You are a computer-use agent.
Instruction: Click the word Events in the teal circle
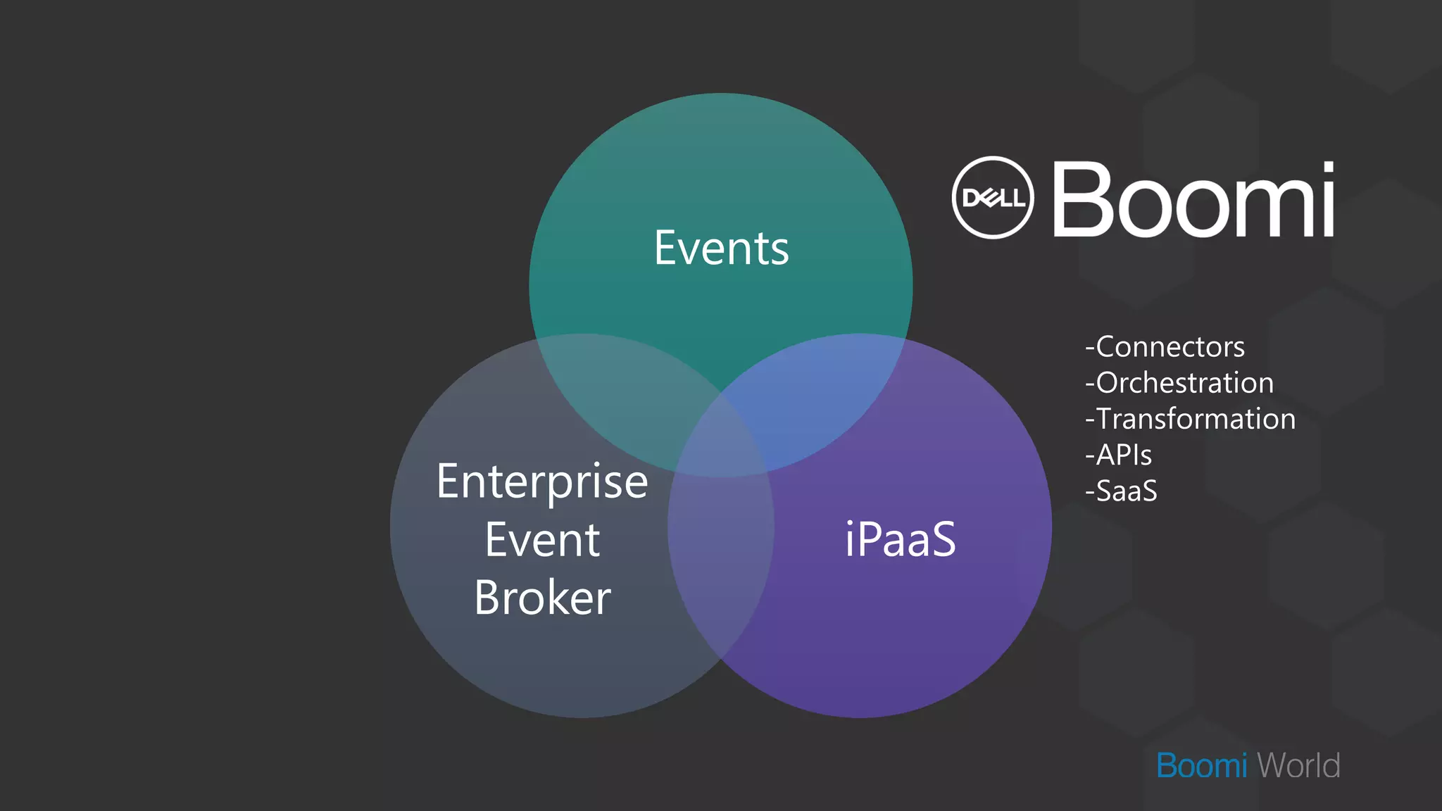(721, 249)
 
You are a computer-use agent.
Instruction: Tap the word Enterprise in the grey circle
(542, 482)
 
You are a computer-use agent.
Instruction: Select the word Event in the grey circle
(542, 541)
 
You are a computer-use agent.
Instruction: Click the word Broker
(542, 598)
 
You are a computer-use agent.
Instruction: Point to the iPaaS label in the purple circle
(900, 540)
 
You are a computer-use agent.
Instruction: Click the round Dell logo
(993, 198)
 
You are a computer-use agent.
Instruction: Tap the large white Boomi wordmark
(1193, 200)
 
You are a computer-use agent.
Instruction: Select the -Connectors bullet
(1165, 347)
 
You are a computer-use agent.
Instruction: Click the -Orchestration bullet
(1179, 383)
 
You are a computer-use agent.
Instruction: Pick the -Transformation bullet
(1190, 419)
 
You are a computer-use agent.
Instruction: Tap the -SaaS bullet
(1121, 491)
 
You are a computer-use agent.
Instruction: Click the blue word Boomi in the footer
(1201, 766)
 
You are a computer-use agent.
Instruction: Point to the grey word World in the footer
(1298, 766)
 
